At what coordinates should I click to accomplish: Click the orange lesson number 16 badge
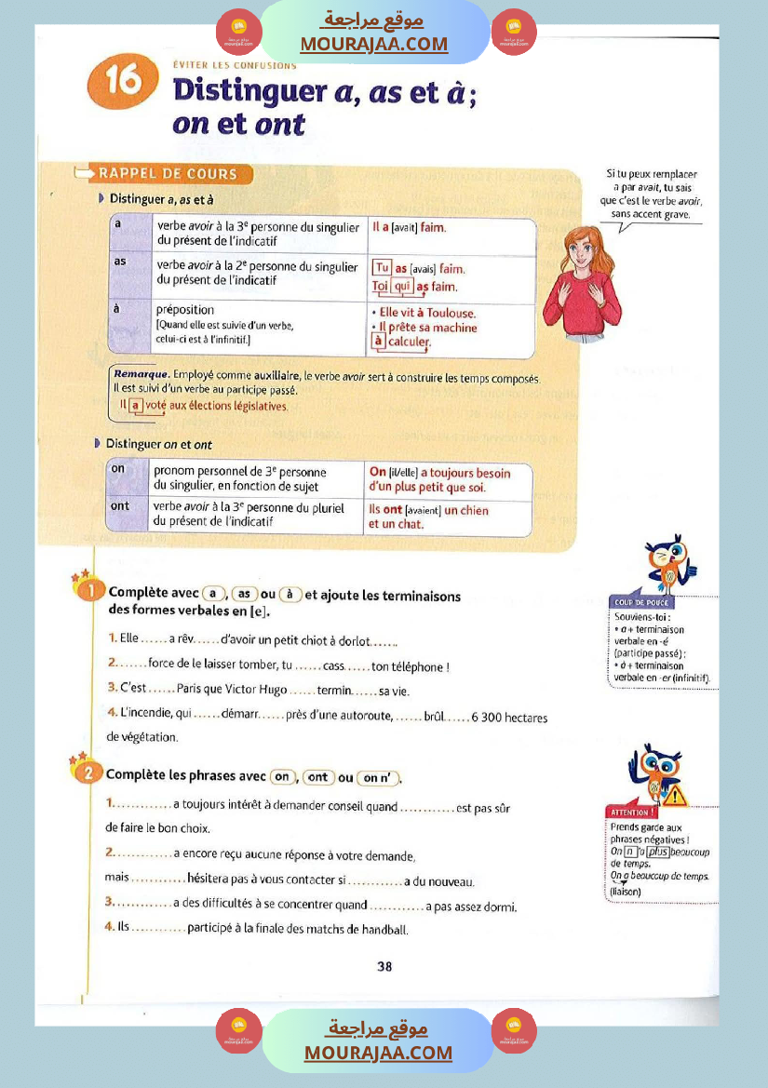coord(115,83)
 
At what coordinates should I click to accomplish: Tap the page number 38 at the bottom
coord(384,966)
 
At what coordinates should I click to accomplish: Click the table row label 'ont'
coord(120,505)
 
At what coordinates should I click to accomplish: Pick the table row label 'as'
coord(120,262)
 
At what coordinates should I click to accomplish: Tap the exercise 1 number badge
coord(88,590)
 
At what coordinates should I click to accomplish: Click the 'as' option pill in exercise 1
coord(245,594)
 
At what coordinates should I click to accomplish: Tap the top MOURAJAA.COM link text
coord(374,44)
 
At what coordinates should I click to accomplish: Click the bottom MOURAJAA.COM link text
coord(378,1053)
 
